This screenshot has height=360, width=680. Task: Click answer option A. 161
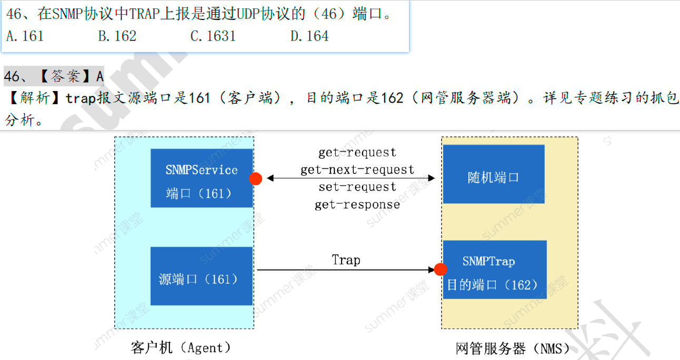click(x=25, y=36)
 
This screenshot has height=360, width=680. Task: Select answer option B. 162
click(x=117, y=36)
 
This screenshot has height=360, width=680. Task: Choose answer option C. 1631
click(x=213, y=36)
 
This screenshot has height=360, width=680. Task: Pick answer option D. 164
click(x=309, y=36)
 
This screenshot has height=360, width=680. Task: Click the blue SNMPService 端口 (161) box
click(x=202, y=178)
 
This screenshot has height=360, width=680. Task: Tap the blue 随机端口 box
click(x=493, y=174)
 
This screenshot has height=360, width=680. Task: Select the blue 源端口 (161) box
click(x=202, y=276)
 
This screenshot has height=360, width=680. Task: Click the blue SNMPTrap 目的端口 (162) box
click(x=494, y=269)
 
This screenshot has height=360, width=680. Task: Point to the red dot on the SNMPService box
click(x=256, y=179)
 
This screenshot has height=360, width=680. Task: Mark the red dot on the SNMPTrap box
click(x=441, y=269)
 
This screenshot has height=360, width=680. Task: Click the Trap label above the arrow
click(x=346, y=260)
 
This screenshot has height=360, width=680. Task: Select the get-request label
click(x=357, y=153)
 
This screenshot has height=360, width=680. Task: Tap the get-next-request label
click(x=357, y=170)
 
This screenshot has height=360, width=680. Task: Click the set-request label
click(x=357, y=187)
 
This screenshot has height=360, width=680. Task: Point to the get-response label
click(x=357, y=205)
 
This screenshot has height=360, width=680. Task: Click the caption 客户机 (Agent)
click(x=181, y=347)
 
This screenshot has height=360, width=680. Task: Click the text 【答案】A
click(x=68, y=76)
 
